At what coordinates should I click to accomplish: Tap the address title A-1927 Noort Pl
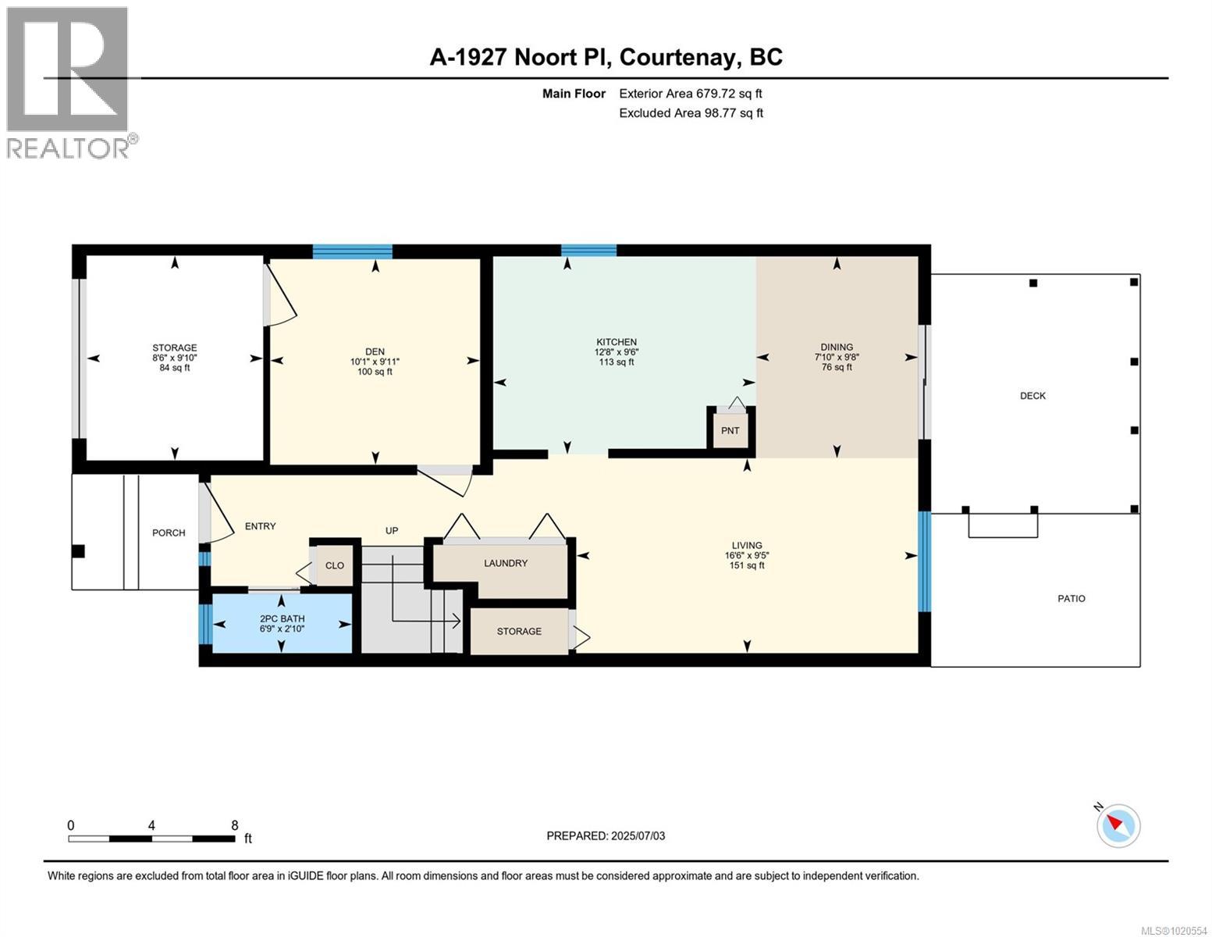[606, 57]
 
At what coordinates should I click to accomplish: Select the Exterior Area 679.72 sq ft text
[690, 94]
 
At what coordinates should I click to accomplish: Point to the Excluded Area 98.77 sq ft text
[691, 113]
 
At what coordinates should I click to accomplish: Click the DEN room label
[375, 352]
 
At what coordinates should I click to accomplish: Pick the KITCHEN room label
[616, 342]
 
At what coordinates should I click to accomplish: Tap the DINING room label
[836, 347]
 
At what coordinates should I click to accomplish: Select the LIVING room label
[746, 546]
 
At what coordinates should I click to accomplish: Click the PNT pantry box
[730, 430]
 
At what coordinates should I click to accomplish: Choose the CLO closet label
[334, 565]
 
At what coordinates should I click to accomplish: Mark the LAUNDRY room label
[505, 563]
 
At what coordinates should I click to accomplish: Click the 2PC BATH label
[282, 619]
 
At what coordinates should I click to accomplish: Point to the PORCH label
[169, 533]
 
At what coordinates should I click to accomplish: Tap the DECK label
[1032, 396]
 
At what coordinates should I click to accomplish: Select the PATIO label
[1071, 599]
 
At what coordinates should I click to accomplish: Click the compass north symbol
[1118, 825]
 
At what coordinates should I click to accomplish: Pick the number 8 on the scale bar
[234, 825]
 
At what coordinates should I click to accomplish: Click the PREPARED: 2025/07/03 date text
[606, 835]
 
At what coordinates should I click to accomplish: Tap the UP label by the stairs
[392, 531]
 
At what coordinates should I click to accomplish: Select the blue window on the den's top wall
[352, 251]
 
